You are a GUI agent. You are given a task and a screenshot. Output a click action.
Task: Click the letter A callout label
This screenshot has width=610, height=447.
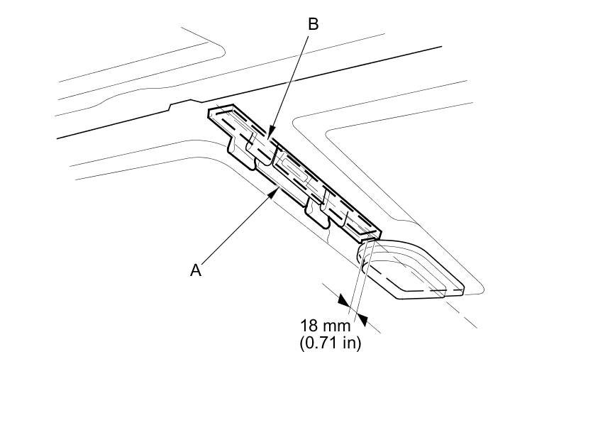196,270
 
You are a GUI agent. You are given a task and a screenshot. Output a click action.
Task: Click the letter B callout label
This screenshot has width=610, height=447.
313,24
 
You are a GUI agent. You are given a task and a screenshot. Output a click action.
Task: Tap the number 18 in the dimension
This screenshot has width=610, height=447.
309,326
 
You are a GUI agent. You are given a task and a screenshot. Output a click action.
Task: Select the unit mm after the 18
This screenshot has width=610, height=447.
338,326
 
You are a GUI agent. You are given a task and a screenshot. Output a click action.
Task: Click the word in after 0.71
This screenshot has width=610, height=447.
352,343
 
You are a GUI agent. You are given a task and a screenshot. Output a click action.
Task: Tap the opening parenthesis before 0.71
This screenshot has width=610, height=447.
303,343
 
